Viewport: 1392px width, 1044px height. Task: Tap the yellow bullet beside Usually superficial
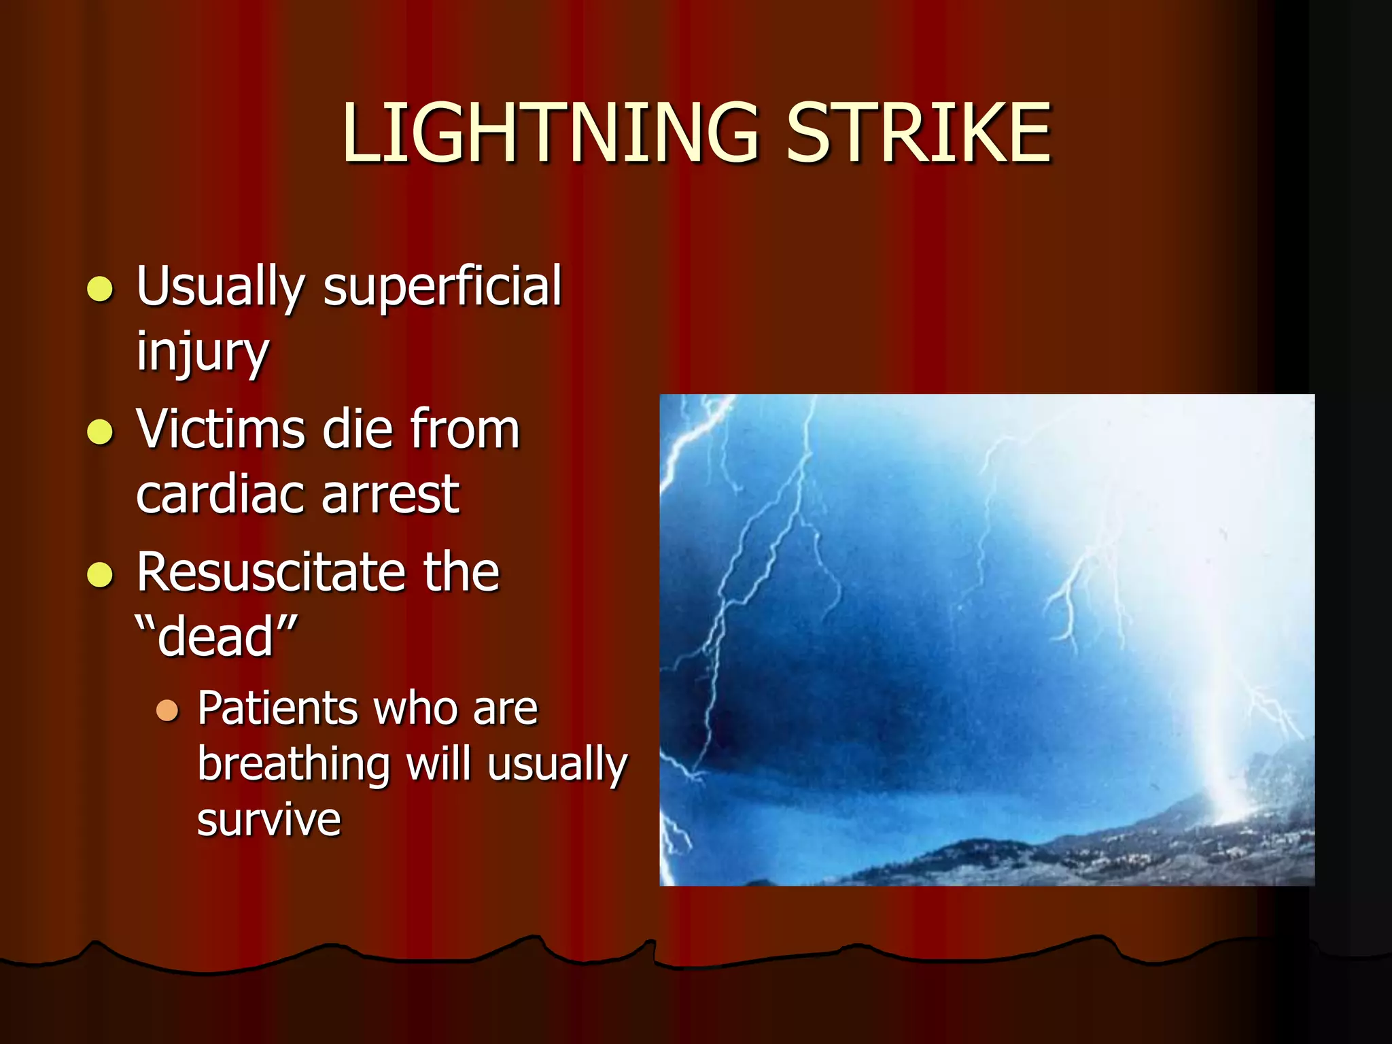tap(101, 288)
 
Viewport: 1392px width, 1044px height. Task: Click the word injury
tap(203, 352)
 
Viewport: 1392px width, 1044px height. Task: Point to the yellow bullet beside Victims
tap(101, 432)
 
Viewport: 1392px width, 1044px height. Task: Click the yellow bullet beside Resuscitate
tap(101, 574)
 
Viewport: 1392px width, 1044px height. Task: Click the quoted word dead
tap(216, 637)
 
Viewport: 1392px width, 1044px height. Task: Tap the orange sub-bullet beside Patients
tap(167, 711)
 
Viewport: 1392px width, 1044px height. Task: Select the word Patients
tap(276, 709)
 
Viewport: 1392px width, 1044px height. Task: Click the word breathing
tap(294, 765)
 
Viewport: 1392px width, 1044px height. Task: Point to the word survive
tap(268, 819)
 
